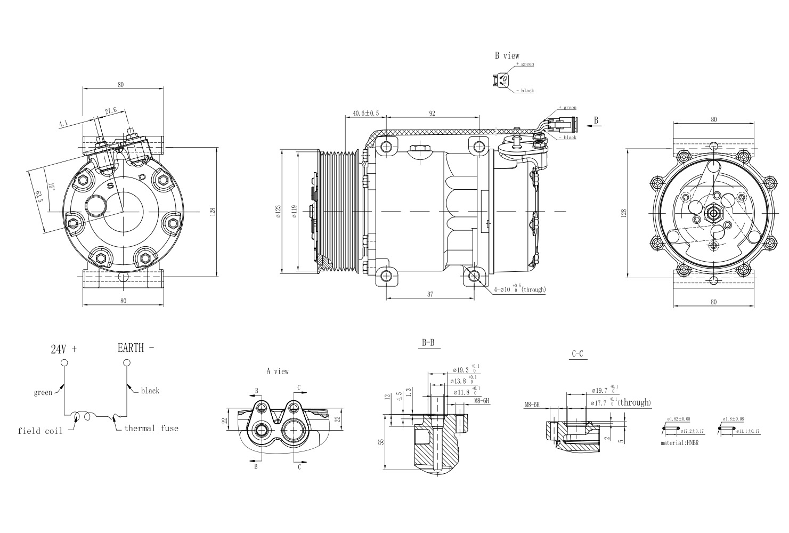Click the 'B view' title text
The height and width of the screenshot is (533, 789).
(507, 55)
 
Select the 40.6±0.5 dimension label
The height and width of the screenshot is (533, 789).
(366, 113)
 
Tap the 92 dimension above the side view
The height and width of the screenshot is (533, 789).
(432, 113)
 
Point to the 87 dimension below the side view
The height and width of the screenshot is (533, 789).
(430, 294)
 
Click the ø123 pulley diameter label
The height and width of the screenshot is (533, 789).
(278, 212)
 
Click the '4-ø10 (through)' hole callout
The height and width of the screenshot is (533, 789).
(519, 289)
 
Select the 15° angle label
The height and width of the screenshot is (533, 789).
(52, 188)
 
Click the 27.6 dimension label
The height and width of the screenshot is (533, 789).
(111, 111)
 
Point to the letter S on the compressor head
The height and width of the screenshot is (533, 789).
(110, 185)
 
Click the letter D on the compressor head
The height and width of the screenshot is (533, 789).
(142, 177)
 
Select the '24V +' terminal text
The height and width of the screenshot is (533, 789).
(64, 349)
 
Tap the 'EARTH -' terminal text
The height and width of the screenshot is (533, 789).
(136, 348)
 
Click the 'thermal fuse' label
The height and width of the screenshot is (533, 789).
(151, 428)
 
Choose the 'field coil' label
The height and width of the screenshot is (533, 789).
(40, 431)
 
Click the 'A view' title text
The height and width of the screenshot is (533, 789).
(278, 371)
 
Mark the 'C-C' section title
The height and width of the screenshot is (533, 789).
(577, 353)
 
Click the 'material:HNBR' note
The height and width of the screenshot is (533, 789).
(679, 442)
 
